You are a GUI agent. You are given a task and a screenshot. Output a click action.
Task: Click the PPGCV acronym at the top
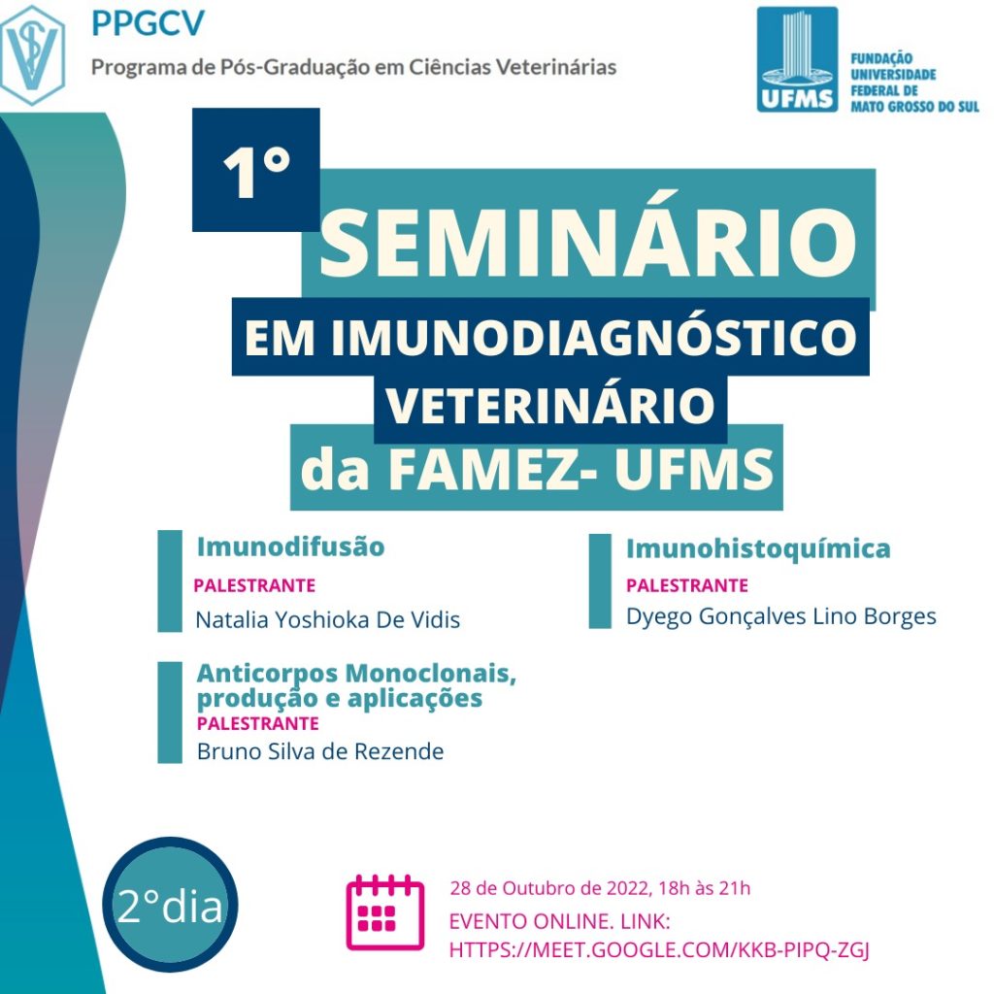point(149,23)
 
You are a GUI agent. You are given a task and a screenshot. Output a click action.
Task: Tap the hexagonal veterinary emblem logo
point(32,55)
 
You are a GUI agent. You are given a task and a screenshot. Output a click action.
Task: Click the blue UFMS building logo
point(797,59)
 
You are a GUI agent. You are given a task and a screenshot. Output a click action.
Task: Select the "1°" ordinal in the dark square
point(256,171)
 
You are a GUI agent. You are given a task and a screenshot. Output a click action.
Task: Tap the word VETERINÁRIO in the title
point(550,405)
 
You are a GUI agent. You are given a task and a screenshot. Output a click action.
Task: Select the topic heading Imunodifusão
point(290,547)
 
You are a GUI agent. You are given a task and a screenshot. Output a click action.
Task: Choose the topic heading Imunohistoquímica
point(758,549)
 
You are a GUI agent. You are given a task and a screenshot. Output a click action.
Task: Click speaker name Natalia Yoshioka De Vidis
point(328,619)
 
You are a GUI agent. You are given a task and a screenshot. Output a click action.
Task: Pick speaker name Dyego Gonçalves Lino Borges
point(781,616)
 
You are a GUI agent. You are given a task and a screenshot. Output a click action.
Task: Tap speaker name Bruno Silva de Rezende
point(320,751)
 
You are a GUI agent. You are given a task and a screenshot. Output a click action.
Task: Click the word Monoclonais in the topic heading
point(430,674)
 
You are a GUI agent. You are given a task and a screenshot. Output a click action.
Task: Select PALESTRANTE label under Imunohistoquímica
point(687,585)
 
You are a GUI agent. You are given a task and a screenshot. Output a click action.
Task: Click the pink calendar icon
point(384,912)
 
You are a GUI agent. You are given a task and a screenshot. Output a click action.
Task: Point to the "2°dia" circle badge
point(170,905)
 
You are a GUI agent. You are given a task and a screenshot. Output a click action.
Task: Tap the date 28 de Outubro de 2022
point(550,888)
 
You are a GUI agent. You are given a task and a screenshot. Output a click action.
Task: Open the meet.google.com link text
point(659,949)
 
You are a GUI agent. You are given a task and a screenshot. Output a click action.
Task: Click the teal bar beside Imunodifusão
point(170,580)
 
